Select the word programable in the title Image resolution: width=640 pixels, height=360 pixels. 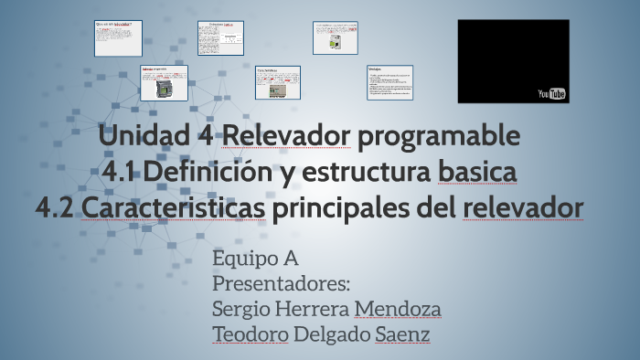[x=439, y=136]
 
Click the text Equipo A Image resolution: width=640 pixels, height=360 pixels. [x=255, y=259]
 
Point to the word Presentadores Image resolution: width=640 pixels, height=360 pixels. [x=281, y=284]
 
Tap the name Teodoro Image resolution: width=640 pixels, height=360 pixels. [x=251, y=335]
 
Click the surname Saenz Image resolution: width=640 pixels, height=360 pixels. [x=402, y=335]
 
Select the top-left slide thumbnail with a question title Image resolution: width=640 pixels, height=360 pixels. [x=118, y=37]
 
